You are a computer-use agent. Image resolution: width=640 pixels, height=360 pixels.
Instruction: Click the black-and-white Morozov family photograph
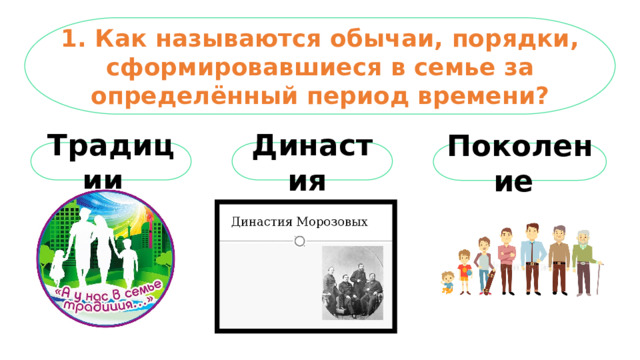[x=352, y=283]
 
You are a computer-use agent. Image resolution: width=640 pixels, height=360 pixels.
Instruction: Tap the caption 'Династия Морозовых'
[x=300, y=221]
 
